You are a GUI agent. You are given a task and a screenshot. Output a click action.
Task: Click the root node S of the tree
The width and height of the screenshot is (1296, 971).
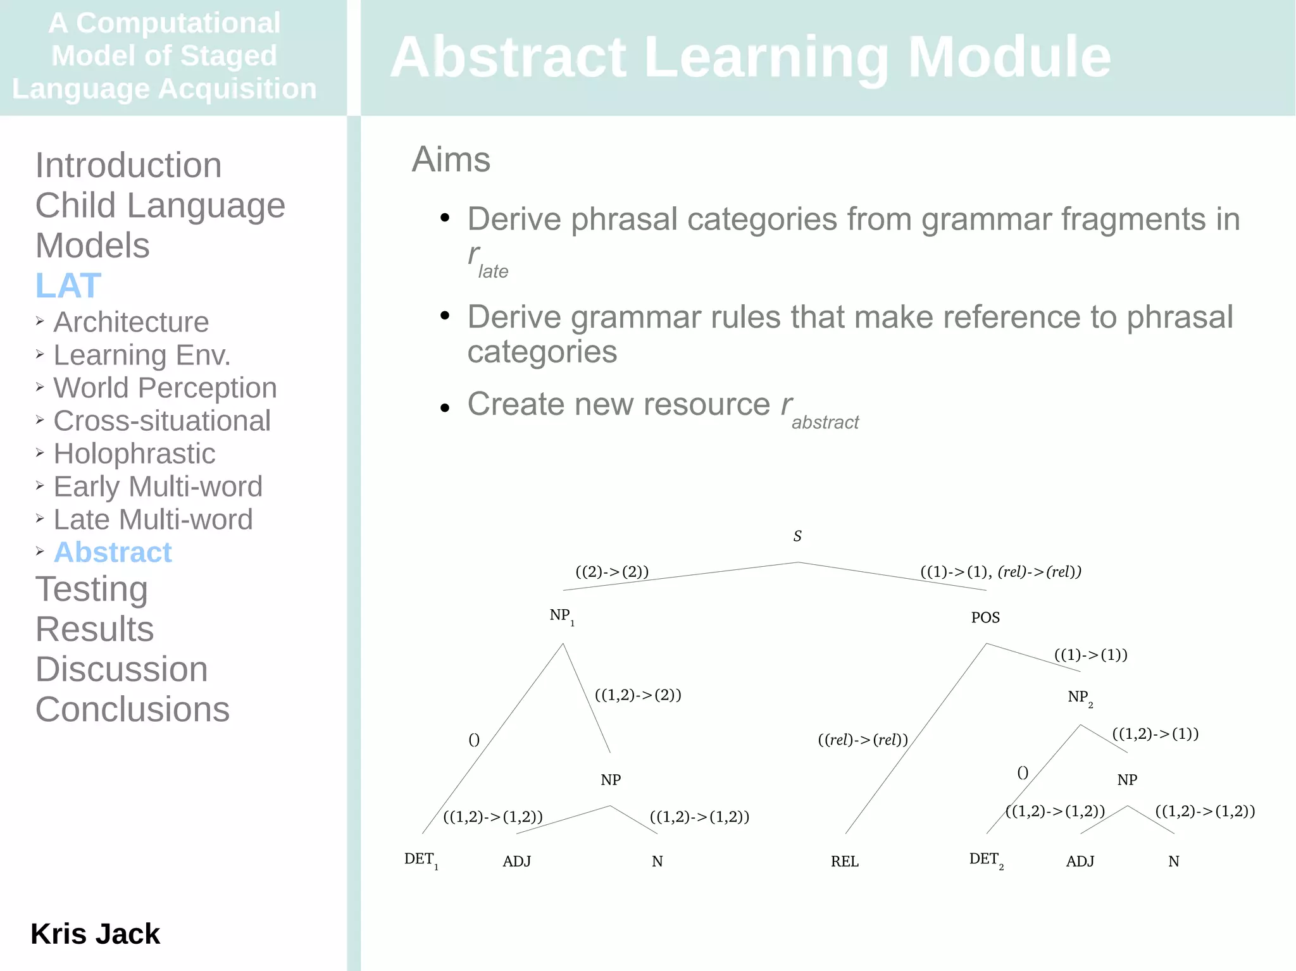797,536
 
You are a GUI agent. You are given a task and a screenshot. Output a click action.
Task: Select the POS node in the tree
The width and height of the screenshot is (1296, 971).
985,617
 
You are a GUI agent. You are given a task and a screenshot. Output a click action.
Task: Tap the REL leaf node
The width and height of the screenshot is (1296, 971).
844,862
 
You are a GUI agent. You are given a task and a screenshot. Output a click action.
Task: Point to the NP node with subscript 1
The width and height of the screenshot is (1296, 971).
561,616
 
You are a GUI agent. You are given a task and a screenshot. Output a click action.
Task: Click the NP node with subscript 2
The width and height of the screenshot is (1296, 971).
1080,698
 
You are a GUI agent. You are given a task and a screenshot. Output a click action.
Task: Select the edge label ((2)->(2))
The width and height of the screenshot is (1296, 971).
612,572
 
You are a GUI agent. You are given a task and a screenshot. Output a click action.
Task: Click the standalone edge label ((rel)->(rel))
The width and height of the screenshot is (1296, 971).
863,739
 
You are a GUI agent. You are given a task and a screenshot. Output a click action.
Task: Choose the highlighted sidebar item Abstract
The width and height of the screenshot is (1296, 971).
113,552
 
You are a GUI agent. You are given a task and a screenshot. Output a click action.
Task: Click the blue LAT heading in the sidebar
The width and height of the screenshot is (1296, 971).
68,285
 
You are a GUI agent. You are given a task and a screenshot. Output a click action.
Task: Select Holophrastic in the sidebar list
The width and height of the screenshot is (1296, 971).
134,454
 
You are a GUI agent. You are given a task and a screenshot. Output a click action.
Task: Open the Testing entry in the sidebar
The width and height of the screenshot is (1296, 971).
92,589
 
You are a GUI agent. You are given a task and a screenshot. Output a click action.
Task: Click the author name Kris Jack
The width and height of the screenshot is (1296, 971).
95,934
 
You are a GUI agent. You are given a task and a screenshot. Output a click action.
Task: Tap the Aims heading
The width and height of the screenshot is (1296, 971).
451,159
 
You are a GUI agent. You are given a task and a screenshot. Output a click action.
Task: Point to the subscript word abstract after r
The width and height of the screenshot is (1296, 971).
825,423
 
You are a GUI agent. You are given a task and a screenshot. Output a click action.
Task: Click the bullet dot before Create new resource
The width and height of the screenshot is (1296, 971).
445,408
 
